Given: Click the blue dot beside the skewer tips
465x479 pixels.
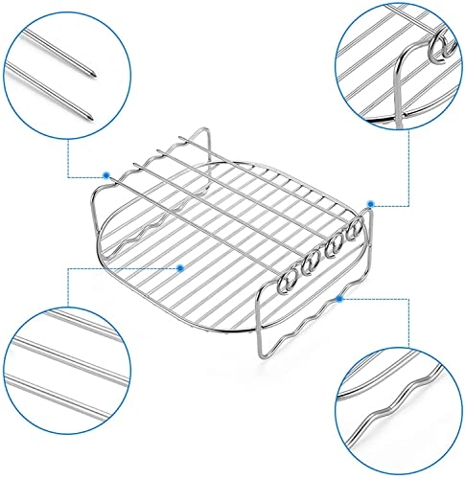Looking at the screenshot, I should coord(104,174).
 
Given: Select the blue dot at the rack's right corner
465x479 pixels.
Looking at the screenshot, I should coord(371,202).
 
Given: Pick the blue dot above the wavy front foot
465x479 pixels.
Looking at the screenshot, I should coord(338,300).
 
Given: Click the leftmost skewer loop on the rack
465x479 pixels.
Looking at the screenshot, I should coord(286,285).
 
